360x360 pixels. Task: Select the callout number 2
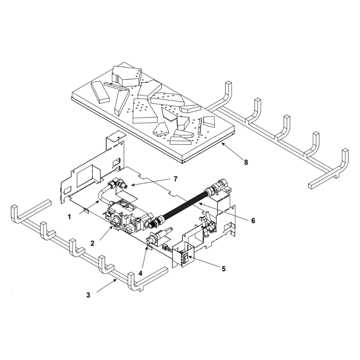coord(93,243)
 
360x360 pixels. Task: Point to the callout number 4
coord(141,273)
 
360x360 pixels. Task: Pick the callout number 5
coord(224,269)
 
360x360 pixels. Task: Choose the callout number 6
coord(253,220)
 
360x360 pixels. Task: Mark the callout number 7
coord(175,179)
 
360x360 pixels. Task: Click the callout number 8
coord(246,162)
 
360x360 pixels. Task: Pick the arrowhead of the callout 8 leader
coord(222,143)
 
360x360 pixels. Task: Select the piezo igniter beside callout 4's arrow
coord(158,236)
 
